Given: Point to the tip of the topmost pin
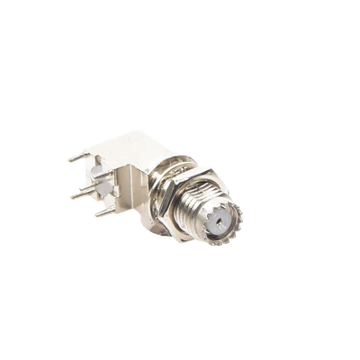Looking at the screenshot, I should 72,159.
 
